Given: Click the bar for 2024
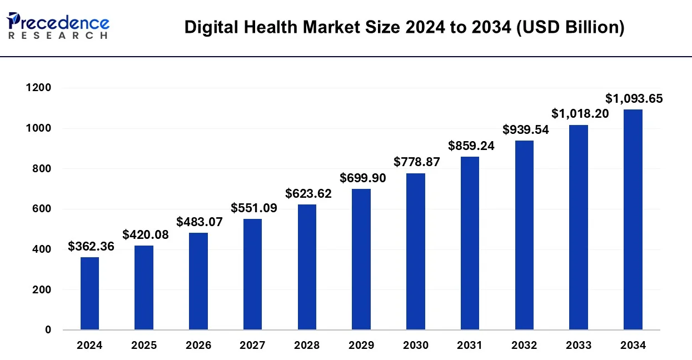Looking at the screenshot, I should pyautogui.click(x=89, y=293).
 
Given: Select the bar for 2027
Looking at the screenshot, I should pyautogui.click(x=252, y=274).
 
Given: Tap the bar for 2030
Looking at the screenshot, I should pyautogui.click(x=416, y=252).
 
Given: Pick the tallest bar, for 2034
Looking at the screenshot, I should pyautogui.click(x=633, y=219).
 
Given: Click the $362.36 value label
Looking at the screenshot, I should pyautogui.click(x=91, y=247).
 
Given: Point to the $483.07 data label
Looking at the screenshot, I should pyautogui.click(x=200, y=222).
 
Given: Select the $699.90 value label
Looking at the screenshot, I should pyautogui.click(x=363, y=178).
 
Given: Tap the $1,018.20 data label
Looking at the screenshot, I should pyautogui.click(x=580, y=114).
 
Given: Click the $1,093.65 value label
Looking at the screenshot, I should pyautogui.click(x=634, y=99).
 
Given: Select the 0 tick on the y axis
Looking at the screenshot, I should pyautogui.click(x=49, y=330).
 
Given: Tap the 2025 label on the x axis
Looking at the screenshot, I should pyautogui.click(x=144, y=346).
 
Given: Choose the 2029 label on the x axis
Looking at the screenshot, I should pyautogui.click(x=361, y=346).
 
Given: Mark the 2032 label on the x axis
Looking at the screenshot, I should pyautogui.click(x=525, y=346).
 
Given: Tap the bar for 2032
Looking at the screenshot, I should pyautogui.click(x=524, y=235).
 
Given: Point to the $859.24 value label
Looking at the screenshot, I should pyautogui.click(x=471, y=146).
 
